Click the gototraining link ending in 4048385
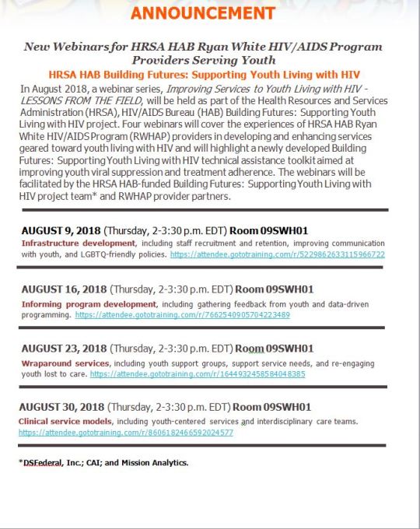[x=198, y=373]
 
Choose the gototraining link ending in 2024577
[x=126, y=432]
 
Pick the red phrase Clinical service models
[x=65, y=421]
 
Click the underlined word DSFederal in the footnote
[x=45, y=463]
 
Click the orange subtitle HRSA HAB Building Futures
[x=204, y=75]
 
